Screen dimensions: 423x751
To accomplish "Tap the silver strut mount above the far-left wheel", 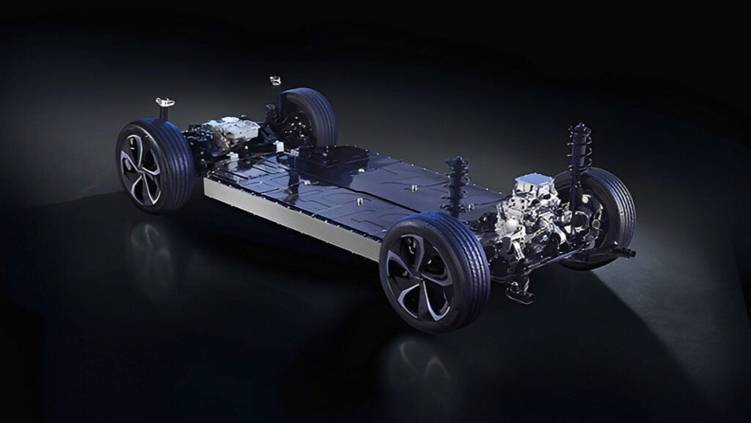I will point(276,81).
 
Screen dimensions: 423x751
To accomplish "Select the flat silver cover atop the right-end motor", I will point(533,181).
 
